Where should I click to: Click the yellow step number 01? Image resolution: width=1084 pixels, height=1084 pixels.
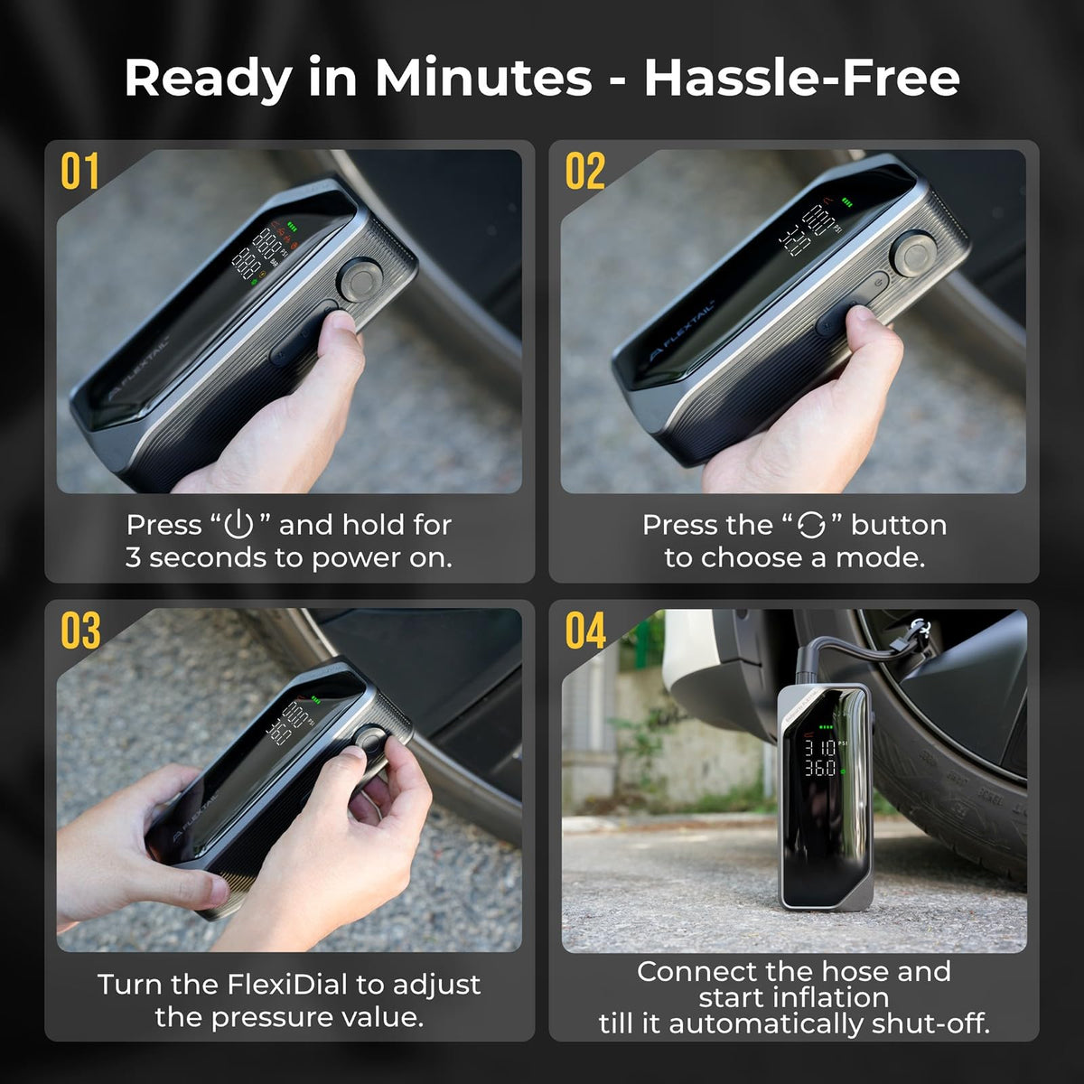coord(79,171)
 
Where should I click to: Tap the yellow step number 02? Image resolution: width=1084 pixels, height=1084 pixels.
coord(584,171)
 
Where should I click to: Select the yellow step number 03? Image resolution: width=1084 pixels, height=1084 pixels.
coord(80,631)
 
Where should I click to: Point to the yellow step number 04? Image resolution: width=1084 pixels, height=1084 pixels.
coord(585,631)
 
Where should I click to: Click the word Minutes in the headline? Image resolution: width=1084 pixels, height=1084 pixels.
coord(483,78)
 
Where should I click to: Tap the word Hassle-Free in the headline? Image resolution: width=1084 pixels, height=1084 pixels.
coord(801,78)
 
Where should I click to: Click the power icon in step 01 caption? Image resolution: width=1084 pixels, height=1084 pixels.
coord(238,524)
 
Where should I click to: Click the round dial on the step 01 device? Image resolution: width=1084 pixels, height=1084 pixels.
coord(360,279)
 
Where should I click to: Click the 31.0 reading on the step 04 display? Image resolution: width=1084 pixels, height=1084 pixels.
coord(819,748)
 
